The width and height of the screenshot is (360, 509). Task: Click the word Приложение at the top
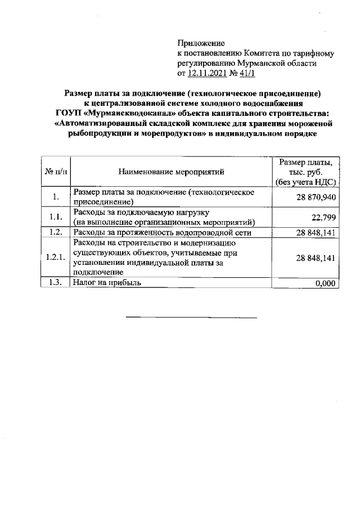(201, 43)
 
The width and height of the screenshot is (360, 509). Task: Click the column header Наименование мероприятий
(172, 170)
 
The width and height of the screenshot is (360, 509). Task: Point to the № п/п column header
(56, 170)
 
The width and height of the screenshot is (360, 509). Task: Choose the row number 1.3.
(55, 283)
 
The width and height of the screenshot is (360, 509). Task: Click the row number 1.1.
(55, 217)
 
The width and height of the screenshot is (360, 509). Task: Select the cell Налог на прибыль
(107, 283)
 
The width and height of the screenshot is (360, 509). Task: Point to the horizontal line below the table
(191, 318)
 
